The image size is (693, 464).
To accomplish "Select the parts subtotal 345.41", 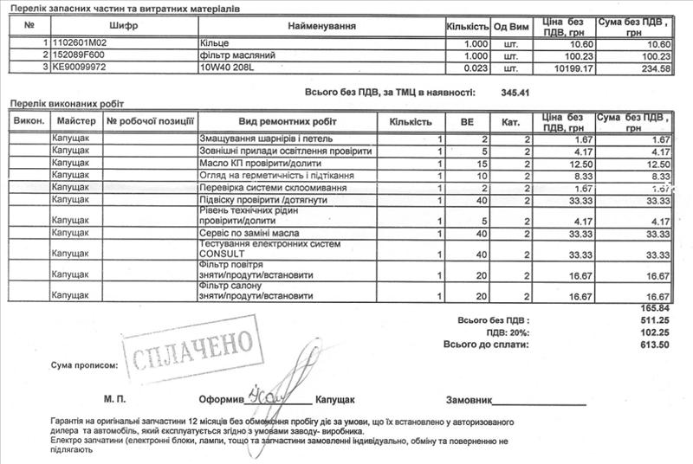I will (515, 90).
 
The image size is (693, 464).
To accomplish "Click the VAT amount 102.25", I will (654, 332).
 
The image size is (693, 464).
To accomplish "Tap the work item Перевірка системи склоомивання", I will (273, 187).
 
